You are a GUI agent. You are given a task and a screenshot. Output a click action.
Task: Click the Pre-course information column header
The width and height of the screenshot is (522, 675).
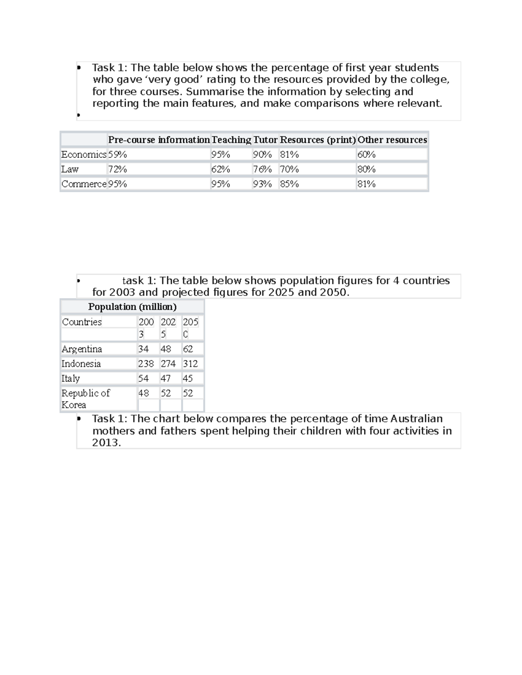tap(159, 140)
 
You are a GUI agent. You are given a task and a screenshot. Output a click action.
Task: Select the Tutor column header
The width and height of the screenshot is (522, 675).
tap(265, 140)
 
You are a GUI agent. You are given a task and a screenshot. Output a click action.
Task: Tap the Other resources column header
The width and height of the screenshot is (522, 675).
tap(392, 140)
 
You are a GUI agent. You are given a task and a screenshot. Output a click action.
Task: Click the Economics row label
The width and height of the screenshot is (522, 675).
tap(84, 155)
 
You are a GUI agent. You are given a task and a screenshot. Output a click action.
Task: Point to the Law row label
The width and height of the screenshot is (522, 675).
tap(70, 170)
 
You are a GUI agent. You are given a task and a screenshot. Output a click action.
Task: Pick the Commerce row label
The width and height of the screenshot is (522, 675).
tap(84, 184)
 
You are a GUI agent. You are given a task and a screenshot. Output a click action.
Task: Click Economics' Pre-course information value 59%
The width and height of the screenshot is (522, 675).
tap(117, 155)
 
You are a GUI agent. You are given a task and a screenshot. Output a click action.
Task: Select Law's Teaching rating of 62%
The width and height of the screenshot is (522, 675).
tap(221, 170)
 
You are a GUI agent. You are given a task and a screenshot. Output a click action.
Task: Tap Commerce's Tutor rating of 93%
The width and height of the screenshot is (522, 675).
tap(262, 184)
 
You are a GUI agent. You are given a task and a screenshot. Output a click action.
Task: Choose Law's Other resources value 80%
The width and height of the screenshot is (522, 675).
tap(366, 170)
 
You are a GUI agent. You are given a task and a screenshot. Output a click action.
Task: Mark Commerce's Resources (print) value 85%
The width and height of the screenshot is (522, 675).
tap(289, 184)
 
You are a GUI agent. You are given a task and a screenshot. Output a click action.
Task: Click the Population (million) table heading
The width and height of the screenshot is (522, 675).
tap(132, 307)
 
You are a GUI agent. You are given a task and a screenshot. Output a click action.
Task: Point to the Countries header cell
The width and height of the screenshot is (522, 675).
tap(82, 322)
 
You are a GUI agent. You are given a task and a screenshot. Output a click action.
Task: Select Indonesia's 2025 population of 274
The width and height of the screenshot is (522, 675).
tap(168, 364)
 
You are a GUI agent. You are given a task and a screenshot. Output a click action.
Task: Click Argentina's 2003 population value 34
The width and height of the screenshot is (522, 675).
tap(143, 349)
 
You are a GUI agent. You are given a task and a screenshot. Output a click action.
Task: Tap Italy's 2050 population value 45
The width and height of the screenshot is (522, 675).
tap(187, 379)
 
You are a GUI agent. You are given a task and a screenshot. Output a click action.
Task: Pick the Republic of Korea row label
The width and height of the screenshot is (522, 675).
tap(85, 399)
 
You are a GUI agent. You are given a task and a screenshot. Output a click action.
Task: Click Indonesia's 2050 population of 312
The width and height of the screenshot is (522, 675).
tap(190, 364)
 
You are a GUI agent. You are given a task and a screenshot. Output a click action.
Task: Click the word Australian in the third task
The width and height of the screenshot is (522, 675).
tap(416, 419)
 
